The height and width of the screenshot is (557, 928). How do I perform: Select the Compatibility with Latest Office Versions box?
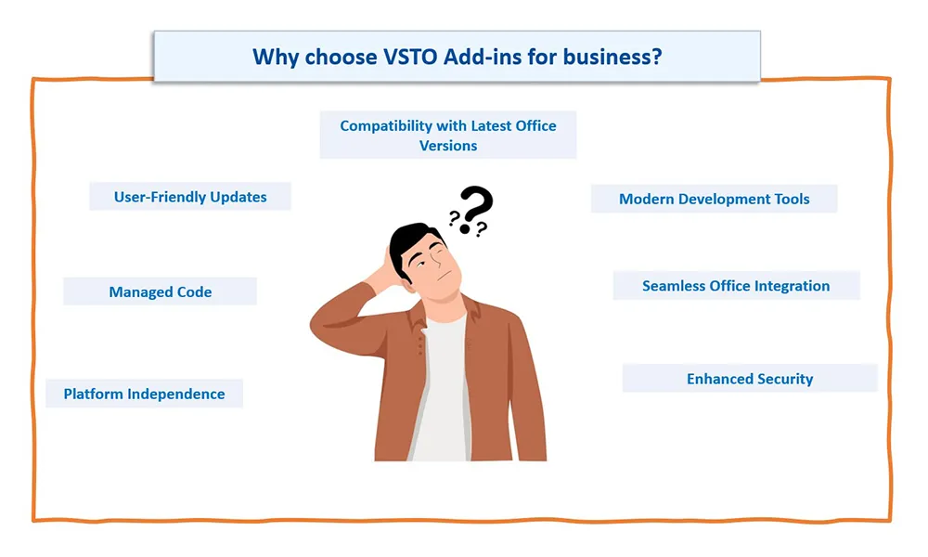tap(448, 135)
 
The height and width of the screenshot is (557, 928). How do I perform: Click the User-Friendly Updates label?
tap(190, 197)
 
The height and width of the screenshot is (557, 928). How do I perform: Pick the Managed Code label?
tap(161, 291)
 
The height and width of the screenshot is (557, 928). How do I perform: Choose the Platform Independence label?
tap(145, 394)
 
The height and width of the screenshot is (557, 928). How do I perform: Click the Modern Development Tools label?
tap(714, 199)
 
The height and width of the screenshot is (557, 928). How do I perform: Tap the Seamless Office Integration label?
tap(736, 286)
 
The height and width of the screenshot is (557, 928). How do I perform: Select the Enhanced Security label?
tap(750, 378)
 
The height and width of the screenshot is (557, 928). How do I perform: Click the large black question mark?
tap(476, 208)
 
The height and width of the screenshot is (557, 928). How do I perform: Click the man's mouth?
tap(445, 277)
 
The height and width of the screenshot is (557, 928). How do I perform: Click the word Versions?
tap(448, 146)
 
